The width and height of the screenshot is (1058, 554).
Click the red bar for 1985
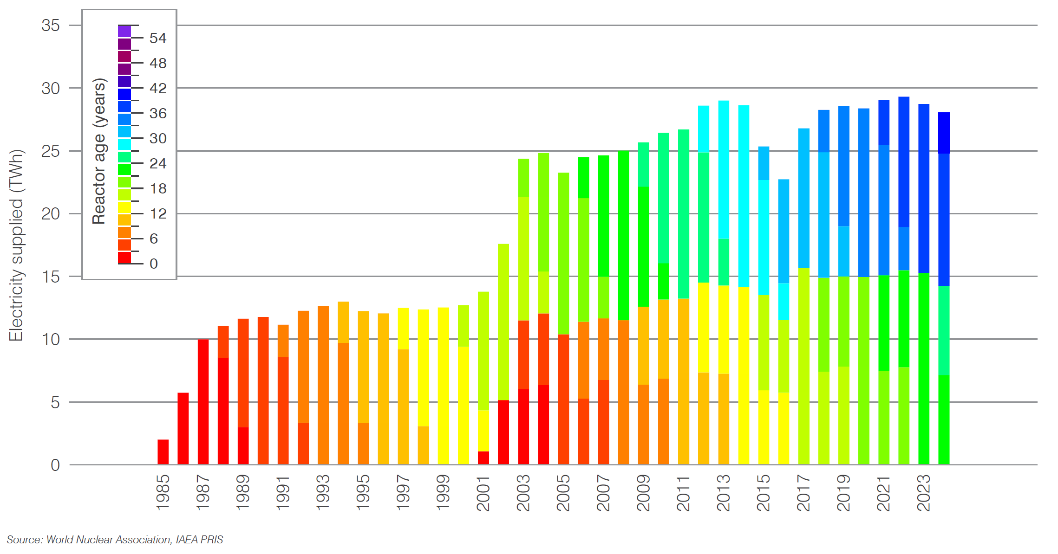(163, 452)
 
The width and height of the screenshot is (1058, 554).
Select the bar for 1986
(183, 429)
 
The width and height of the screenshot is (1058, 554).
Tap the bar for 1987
(203, 402)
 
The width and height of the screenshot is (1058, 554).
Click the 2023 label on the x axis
(923, 493)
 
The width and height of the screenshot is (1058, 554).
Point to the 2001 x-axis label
(483, 493)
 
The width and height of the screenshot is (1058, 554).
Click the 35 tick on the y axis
(51, 26)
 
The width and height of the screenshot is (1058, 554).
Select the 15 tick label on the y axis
(51, 277)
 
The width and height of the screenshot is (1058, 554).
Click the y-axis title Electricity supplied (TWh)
(16, 246)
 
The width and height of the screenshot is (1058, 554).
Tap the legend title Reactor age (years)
(99, 151)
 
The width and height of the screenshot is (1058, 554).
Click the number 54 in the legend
(158, 39)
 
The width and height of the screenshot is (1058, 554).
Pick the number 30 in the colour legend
(158, 139)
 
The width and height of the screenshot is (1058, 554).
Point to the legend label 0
(154, 264)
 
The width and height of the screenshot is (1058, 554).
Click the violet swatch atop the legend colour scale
(124, 32)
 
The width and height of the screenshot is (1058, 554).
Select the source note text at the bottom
(115, 540)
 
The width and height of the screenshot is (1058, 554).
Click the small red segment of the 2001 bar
(483, 458)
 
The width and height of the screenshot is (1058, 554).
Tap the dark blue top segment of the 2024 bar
(944, 133)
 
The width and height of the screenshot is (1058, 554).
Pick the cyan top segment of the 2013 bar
(724, 169)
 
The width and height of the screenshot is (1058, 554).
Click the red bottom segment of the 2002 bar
(503, 432)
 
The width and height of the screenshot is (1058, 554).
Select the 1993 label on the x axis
(323, 493)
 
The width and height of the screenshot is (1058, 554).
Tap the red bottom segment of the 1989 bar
(243, 445)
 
